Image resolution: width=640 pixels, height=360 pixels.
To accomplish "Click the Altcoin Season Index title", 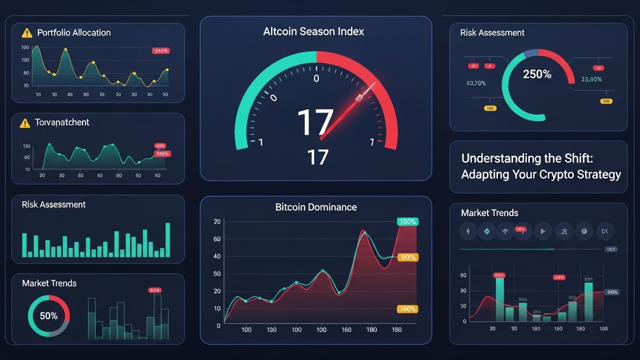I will coord(314,32).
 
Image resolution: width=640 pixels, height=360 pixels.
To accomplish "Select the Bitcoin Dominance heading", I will coord(316,207).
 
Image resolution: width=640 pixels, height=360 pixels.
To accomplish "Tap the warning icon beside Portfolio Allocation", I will coord(27,33).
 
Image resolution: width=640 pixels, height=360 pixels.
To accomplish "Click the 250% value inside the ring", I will coord(537,74).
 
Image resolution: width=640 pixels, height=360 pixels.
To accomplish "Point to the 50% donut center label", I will coord(48,316).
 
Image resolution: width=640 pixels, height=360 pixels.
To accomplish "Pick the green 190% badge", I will coord(407,222).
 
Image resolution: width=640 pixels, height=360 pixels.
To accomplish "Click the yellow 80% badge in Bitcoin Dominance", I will coord(407,257).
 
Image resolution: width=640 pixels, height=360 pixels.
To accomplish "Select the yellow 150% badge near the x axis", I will coord(407,309).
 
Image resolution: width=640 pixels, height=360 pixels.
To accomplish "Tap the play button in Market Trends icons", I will coord(543,231).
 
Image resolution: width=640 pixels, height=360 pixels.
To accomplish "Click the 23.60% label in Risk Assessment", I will coord(591,79).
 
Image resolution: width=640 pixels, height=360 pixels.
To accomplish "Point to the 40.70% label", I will coord(476,83).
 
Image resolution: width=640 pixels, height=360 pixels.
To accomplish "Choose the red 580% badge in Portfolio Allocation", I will coord(161,51).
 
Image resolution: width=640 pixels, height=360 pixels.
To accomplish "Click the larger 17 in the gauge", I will coord(315,123).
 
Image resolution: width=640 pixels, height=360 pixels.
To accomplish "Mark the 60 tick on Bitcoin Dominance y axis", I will coord(217,239).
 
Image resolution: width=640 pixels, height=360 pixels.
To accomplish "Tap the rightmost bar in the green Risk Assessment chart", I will coord(168,240).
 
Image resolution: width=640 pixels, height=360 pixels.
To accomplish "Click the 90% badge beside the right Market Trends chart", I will coord(612,292).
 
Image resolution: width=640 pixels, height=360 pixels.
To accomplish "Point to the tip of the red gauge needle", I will coord(376,84).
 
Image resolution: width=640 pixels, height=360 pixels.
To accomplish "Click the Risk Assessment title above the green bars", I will coord(53,204).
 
